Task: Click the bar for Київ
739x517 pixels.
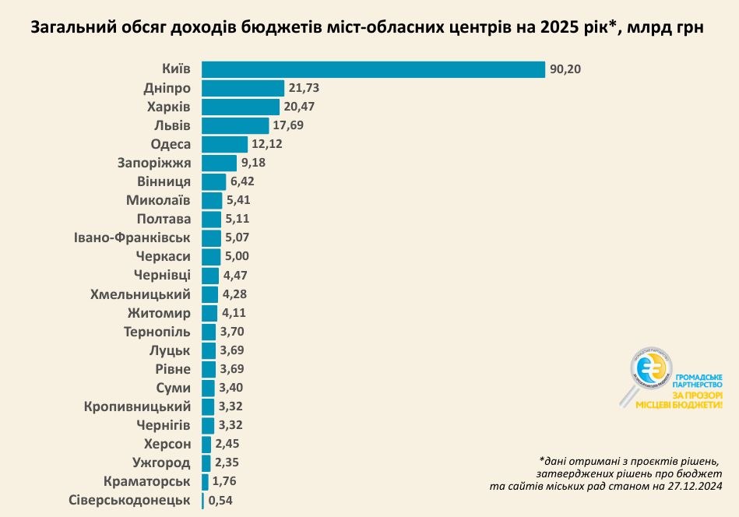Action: (x=373, y=69)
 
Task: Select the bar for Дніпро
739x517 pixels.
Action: (x=243, y=88)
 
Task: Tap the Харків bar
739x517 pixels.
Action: (x=241, y=107)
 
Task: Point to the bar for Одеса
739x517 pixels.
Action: (x=224, y=144)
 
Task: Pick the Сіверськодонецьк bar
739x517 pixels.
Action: (x=203, y=501)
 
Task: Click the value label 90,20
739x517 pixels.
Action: (x=565, y=69)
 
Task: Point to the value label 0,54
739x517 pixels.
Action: (x=220, y=501)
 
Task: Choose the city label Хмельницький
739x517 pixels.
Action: (x=141, y=294)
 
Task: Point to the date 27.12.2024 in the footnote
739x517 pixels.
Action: (x=688, y=487)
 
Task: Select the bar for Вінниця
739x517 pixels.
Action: (x=213, y=181)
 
